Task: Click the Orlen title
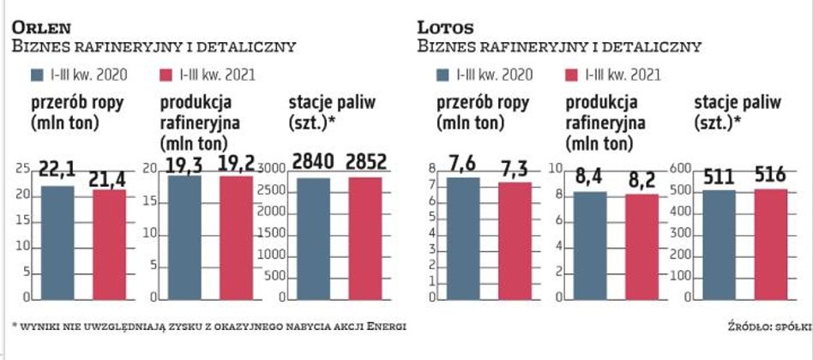pos(42,27)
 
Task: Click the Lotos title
pos(446,27)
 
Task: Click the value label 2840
pos(313,162)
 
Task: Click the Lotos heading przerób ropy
pos(483,103)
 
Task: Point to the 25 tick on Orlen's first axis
pos(22,171)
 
